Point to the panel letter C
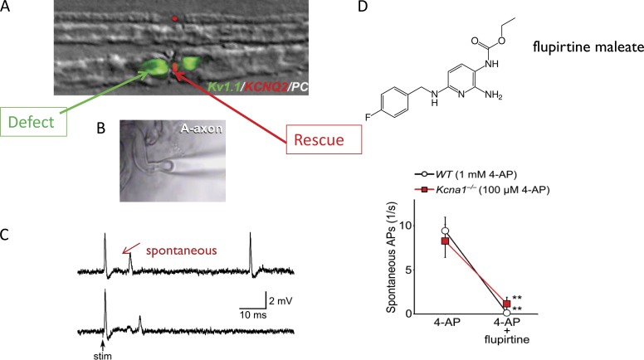7,235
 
